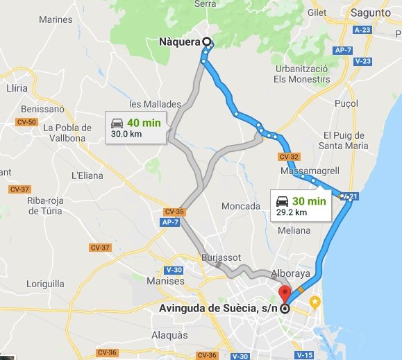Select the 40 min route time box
[136, 127]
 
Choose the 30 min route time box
[301, 205]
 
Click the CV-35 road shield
[174, 211]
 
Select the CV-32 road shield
[290, 156]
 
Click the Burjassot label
[221, 257]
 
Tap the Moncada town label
[240, 206]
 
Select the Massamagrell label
[308, 171]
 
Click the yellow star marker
[315, 302]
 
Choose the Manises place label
[166, 282]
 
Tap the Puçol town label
[346, 102]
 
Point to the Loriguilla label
[45, 284]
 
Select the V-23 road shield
[362, 61]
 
